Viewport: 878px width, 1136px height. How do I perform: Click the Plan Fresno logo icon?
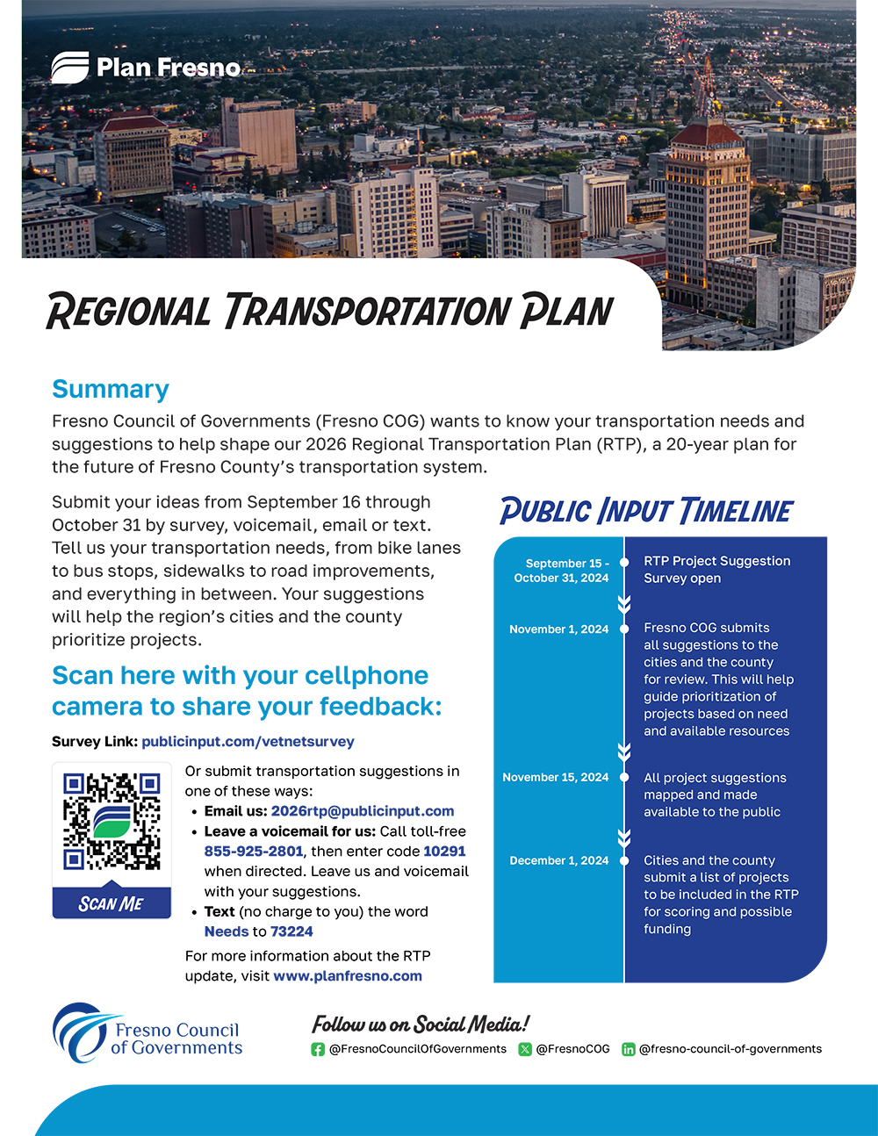[69, 68]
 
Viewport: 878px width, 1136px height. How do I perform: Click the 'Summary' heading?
[111, 389]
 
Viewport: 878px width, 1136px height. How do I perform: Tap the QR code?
[112, 822]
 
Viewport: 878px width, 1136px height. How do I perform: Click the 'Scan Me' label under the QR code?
[112, 903]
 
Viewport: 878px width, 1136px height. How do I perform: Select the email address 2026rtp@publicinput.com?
[363, 811]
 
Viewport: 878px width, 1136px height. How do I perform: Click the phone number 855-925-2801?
[254, 852]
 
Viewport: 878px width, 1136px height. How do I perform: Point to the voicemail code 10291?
[444, 852]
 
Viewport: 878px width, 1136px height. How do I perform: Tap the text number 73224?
[291, 931]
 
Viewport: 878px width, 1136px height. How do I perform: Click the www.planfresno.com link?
[348, 976]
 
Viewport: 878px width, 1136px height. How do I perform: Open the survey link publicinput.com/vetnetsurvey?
[248, 742]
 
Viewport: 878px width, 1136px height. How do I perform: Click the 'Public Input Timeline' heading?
[646, 511]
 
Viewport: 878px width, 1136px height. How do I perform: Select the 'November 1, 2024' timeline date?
[558, 629]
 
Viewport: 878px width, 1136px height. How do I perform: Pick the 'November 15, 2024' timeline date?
[555, 778]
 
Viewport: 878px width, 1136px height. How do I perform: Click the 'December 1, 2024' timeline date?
[558, 861]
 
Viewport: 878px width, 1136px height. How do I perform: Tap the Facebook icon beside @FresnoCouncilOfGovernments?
[318, 1049]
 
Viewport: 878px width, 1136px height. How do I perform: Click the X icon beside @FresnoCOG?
[525, 1049]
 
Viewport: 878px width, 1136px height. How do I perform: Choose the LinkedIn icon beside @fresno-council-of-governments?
[629, 1049]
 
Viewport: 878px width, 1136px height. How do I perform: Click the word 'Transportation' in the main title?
[366, 312]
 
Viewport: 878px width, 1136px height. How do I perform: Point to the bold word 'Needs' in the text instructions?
[227, 931]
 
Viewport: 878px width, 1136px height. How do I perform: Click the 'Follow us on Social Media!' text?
[421, 1025]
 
